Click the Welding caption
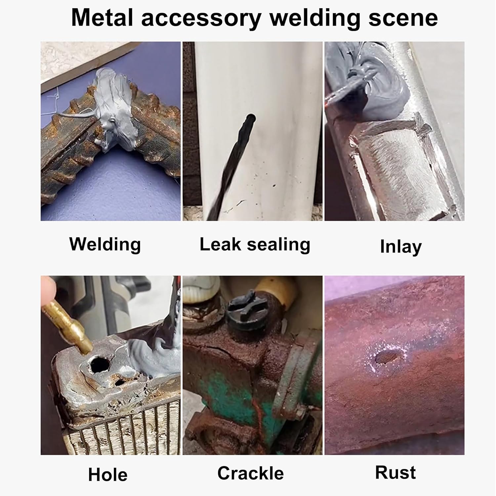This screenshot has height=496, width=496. (105, 244)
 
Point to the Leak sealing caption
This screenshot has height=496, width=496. (255, 244)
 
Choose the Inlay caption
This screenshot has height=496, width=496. (400, 247)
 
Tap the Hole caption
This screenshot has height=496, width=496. (108, 475)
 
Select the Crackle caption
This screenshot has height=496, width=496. (251, 473)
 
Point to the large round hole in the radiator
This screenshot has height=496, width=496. (101, 364)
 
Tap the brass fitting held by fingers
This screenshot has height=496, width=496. (71, 324)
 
